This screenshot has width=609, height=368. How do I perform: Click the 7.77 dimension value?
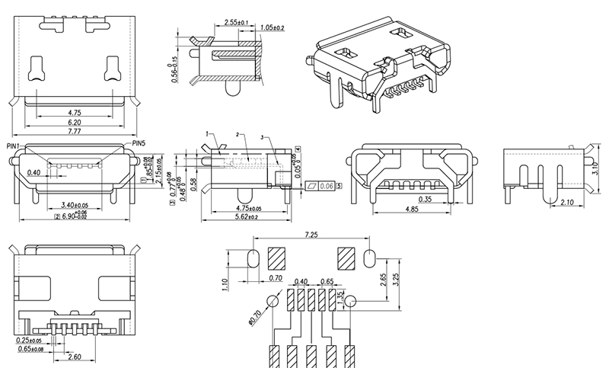pyautogui.click(x=74, y=132)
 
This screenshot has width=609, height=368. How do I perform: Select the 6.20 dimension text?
pyautogui.click(x=74, y=122)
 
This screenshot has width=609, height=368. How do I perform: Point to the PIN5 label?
pyautogui.click(x=139, y=143)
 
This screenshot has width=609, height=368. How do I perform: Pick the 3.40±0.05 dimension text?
pyautogui.click(x=74, y=205)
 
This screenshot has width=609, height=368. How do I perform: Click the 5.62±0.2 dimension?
pyautogui.click(x=244, y=216)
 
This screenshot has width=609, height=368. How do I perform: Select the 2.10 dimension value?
pyautogui.click(x=567, y=203)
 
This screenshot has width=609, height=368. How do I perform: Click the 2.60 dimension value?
pyautogui.click(x=74, y=357)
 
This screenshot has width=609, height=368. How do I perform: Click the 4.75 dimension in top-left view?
pyautogui.click(x=74, y=111)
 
